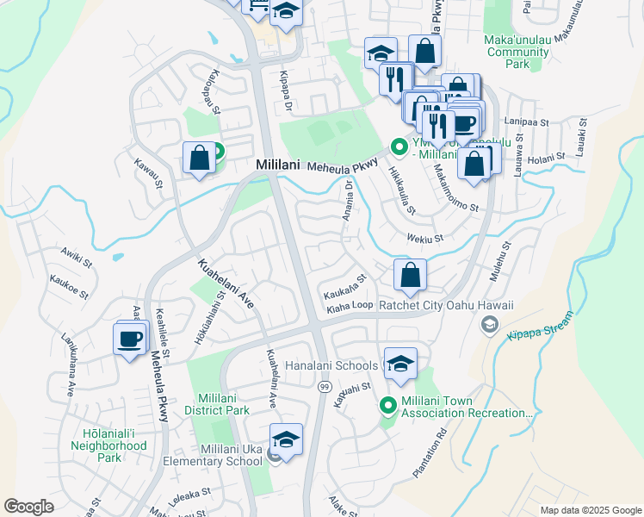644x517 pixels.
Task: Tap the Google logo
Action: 29,507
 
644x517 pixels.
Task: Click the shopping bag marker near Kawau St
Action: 199,158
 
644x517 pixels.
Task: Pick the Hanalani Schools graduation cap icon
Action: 400,364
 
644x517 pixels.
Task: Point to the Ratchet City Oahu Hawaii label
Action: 446,305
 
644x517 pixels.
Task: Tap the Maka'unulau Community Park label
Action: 517,52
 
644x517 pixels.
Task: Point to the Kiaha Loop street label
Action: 349,305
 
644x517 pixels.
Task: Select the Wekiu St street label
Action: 425,239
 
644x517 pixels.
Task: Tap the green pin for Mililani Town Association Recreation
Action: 387,404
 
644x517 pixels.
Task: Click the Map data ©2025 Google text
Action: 590,510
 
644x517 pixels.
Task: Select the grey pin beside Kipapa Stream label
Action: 489,324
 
